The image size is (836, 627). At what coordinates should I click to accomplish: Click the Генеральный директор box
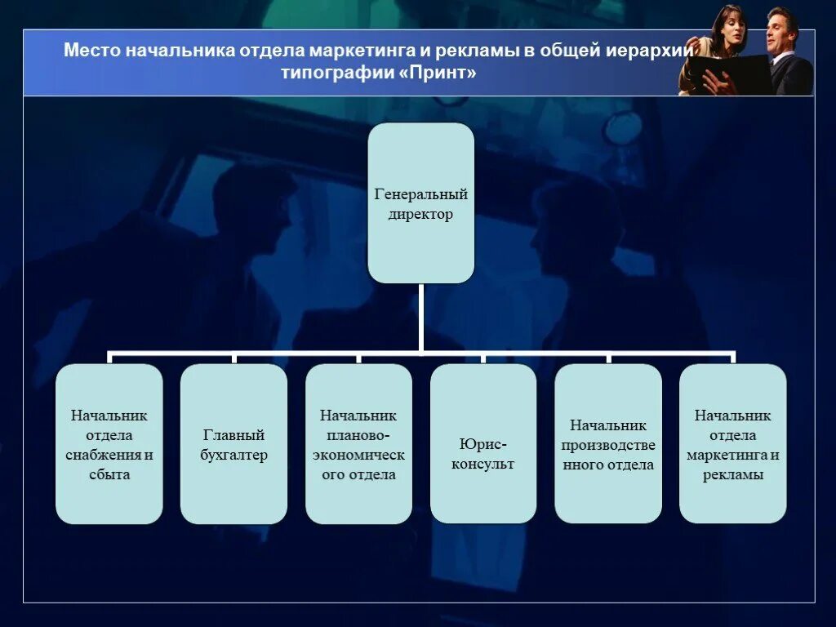click(420, 203)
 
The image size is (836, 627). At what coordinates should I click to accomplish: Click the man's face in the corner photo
click(780, 31)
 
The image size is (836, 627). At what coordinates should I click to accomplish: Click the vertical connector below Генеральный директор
click(420, 318)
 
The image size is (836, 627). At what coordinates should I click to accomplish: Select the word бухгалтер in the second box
click(233, 456)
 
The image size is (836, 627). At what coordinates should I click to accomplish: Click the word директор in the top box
click(420, 216)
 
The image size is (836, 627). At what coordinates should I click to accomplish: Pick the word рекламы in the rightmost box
click(732, 475)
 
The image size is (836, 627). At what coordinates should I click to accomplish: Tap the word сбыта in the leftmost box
click(109, 475)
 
